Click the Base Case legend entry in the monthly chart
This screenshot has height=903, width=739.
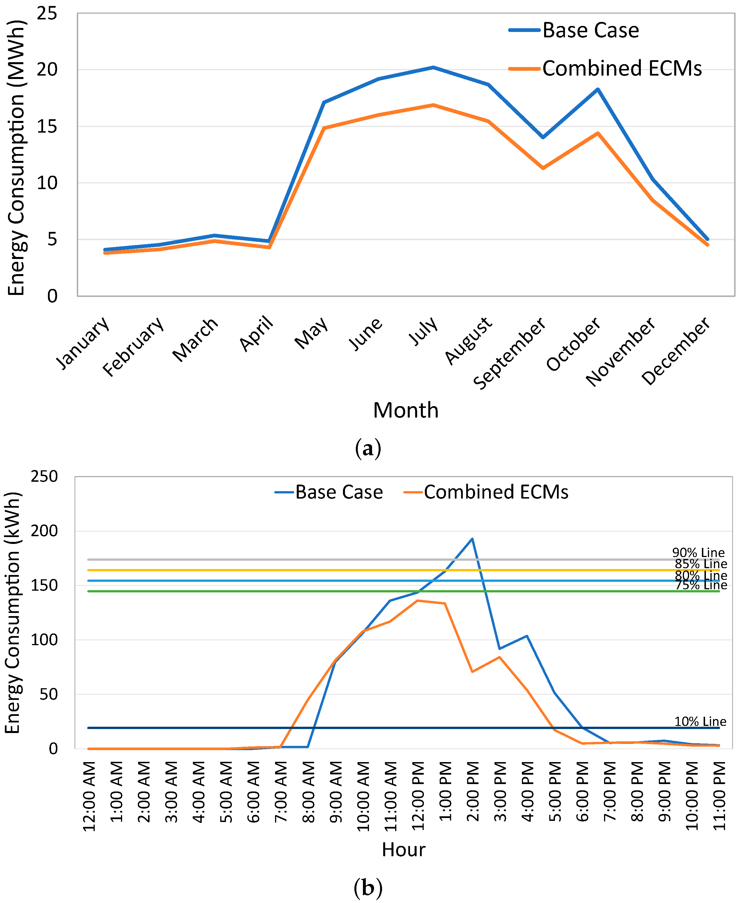click(x=574, y=30)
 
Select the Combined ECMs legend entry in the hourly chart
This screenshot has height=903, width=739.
click(x=486, y=492)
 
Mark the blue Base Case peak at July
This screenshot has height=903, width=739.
click(x=433, y=67)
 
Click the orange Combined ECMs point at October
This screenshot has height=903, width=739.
click(x=598, y=133)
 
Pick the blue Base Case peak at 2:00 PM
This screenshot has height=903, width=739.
click(x=472, y=539)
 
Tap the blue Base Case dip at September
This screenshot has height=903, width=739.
click(x=543, y=137)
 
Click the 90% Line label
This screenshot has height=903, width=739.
click(x=698, y=553)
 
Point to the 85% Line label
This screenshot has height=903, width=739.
click(x=701, y=564)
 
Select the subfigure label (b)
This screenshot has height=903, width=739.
click(x=368, y=888)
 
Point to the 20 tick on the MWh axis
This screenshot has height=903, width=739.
click(x=47, y=69)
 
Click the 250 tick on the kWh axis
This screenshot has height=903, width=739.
click(x=44, y=477)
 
